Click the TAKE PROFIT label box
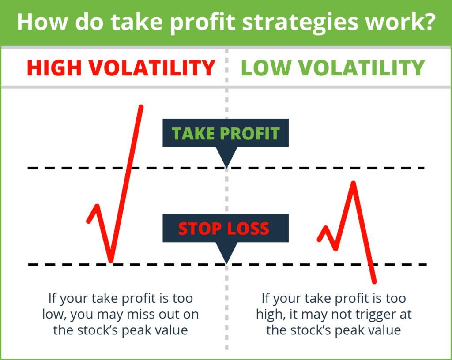pos(226,133)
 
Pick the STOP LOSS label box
pos(226,228)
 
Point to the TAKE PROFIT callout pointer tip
pos(226,167)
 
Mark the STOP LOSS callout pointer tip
pos(226,263)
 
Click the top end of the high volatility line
pos(141,107)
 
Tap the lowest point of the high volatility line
pos(111,261)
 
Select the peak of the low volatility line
pos(353,183)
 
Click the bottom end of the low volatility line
pos(374,281)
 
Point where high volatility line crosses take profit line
pos(129,168)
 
